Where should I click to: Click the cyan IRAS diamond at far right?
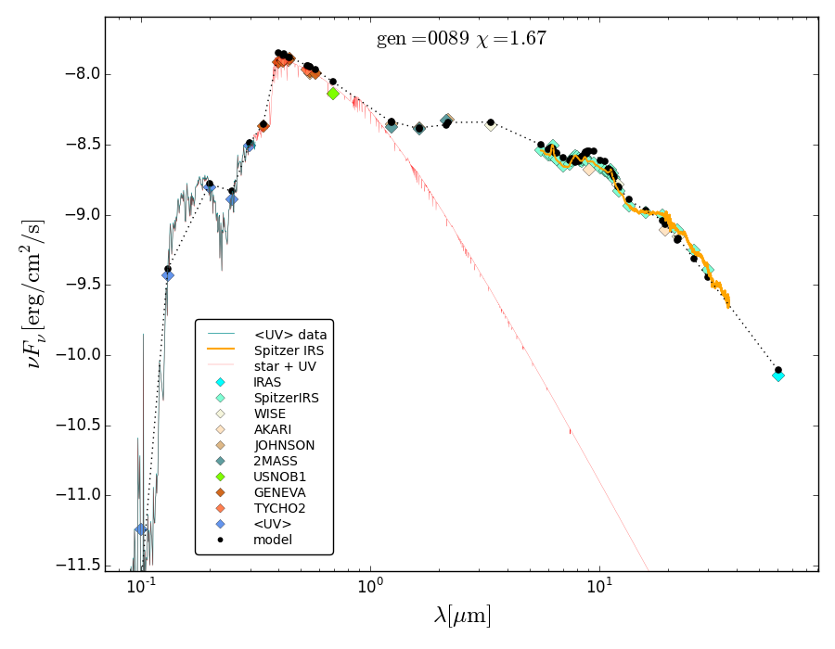[778, 375]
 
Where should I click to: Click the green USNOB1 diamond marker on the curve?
[333, 93]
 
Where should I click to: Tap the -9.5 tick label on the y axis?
[75, 286]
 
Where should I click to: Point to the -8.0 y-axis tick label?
[75, 74]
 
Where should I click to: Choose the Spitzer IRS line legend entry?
[289, 350]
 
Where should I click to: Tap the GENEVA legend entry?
[279, 492]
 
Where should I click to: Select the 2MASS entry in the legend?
[276, 461]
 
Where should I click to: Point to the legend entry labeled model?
[273, 540]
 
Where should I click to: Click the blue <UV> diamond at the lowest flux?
[141, 529]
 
